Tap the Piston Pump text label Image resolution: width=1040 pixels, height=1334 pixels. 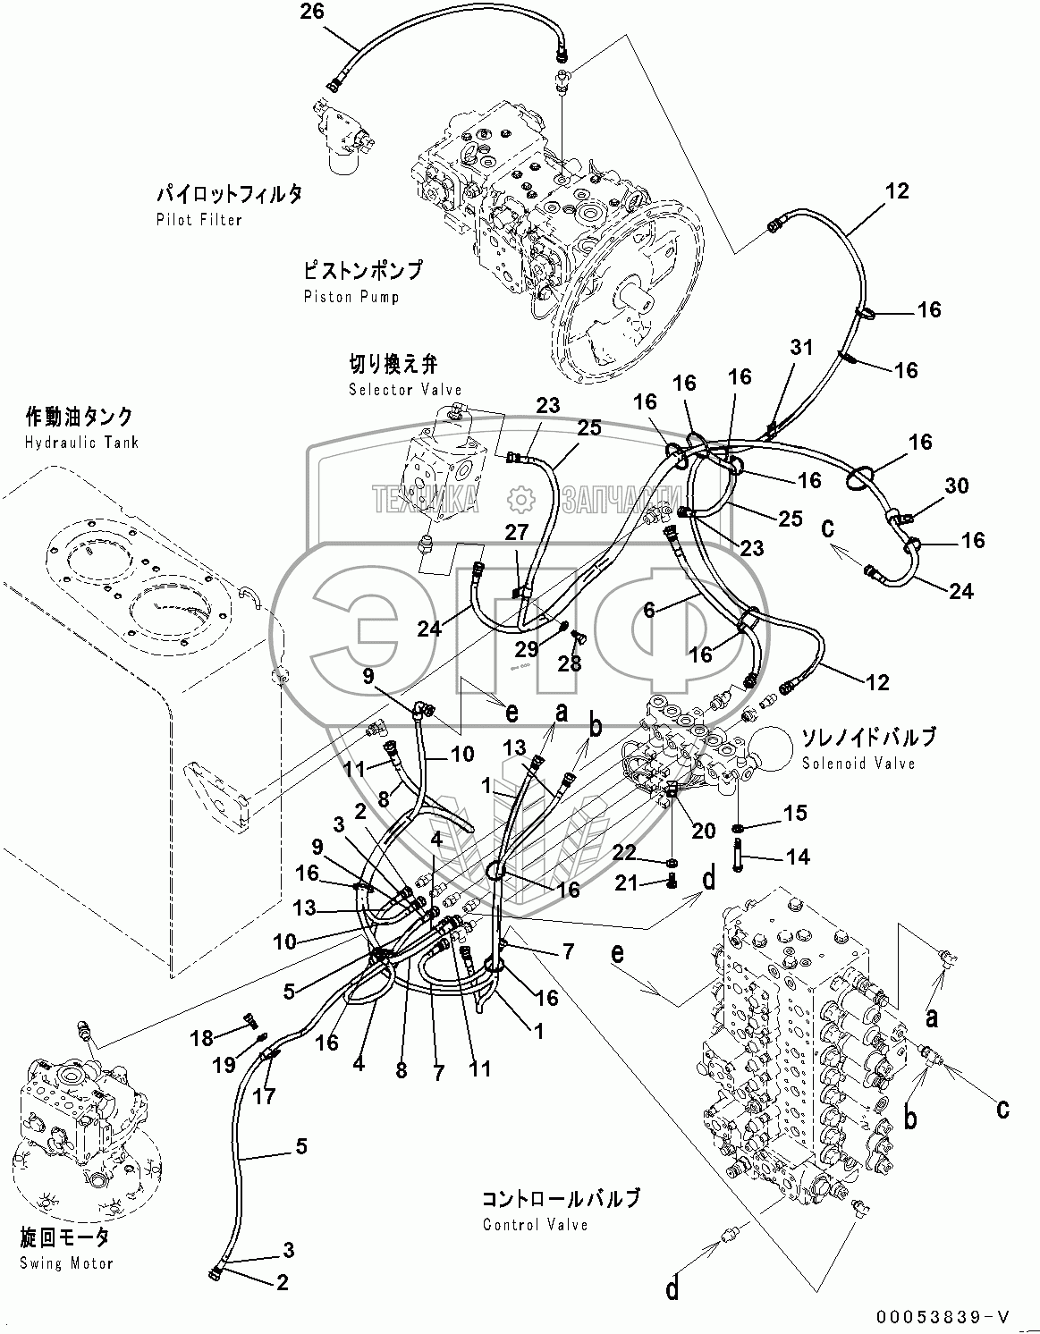coord(351,296)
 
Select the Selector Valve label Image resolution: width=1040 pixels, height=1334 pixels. coord(405,390)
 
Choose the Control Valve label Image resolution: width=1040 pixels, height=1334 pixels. coord(535,1224)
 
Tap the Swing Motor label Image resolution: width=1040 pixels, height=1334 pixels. coord(66,1262)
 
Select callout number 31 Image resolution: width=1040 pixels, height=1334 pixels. coord(800,348)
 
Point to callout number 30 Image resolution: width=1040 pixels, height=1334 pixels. coord(956,485)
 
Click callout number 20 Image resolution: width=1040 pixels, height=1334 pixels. coord(703,831)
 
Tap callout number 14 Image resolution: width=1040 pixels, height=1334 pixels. coord(797,857)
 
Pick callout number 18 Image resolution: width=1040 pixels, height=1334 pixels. coord(202,1037)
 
